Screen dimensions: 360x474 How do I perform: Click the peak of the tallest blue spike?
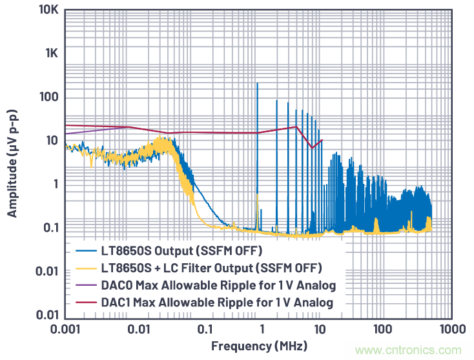tap(257, 83)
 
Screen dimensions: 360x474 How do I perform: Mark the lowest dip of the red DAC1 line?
tap(312, 148)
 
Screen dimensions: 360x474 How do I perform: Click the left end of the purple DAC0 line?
tap(65, 134)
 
